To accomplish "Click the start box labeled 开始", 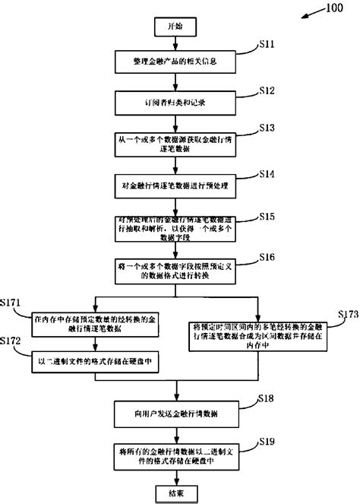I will [x=175, y=26].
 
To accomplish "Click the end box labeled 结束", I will [x=175, y=493].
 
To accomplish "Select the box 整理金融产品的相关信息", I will [x=175, y=59].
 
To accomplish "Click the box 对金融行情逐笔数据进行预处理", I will [x=175, y=185].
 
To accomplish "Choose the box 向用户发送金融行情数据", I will [x=175, y=413].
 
